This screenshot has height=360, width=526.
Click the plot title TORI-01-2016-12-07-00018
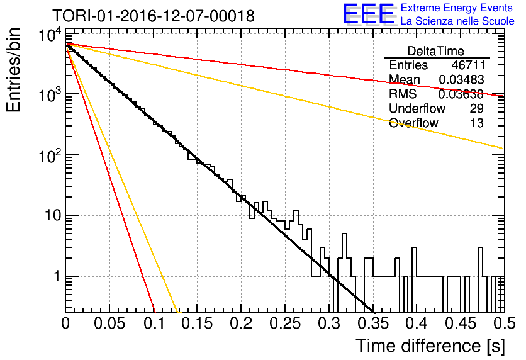154,16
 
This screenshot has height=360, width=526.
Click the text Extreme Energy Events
457,8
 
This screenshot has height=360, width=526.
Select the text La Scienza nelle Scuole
457,21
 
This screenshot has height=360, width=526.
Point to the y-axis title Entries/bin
13,70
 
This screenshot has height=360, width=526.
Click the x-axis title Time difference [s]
430,346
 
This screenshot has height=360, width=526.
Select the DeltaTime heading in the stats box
436,51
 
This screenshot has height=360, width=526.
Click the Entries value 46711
467,65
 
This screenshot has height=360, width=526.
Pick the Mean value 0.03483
461,79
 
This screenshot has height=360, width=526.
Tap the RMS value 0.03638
461,94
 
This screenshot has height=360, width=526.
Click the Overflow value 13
477,123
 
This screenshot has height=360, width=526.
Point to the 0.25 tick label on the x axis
285,323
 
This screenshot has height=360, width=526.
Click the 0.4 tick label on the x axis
417,323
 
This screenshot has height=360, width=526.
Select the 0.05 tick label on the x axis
109,323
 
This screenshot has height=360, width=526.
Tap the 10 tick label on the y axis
53,215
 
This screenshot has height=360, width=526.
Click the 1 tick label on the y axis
57,276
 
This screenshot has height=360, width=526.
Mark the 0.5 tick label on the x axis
504,323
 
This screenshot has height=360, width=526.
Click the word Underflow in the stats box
417,108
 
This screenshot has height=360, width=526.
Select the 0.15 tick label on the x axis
197,323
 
